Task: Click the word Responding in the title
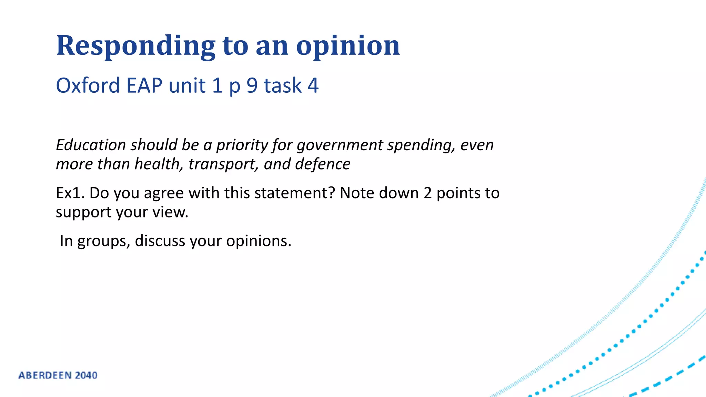coord(135,46)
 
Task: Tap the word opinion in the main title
coord(348,46)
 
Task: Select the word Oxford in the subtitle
coord(88,85)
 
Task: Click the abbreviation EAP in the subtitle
coord(144,85)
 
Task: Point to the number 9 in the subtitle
coord(252,85)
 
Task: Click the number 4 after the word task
coord(313,85)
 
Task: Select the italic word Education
coord(91,145)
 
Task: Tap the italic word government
coord(340,145)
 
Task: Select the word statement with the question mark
coord(295,193)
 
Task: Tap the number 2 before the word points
coord(427,193)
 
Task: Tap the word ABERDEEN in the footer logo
coord(45,375)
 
